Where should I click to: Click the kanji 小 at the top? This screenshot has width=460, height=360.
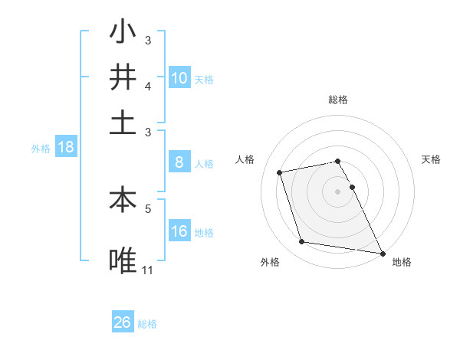[x=123, y=33]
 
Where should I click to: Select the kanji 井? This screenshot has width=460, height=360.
[x=123, y=77]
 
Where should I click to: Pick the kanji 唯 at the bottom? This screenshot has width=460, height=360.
[x=123, y=260]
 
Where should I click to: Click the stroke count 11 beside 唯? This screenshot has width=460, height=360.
[x=148, y=270]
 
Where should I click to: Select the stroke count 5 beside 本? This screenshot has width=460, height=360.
[x=148, y=207]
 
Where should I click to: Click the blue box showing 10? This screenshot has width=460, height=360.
[x=179, y=77]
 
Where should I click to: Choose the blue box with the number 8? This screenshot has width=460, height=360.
[x=179, y=162]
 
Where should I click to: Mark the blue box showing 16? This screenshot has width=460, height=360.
[x=179, y=231]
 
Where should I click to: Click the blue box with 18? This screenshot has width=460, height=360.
[x=65, y=147]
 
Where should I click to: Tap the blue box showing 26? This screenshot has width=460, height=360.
[x=122, y=322]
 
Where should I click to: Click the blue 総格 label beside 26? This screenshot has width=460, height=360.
[x=147, y=324]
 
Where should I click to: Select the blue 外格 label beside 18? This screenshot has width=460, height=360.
[x=41, y=149]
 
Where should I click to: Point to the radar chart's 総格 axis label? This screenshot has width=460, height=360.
[x=338, y=100]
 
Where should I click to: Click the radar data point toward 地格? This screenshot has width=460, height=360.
[x=382, y=252]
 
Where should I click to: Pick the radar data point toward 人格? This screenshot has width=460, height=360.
[x=280, y=172]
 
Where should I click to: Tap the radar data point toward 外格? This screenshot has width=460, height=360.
[x=302, y=242]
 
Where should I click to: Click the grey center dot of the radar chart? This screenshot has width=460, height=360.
[x=338, y=191]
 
